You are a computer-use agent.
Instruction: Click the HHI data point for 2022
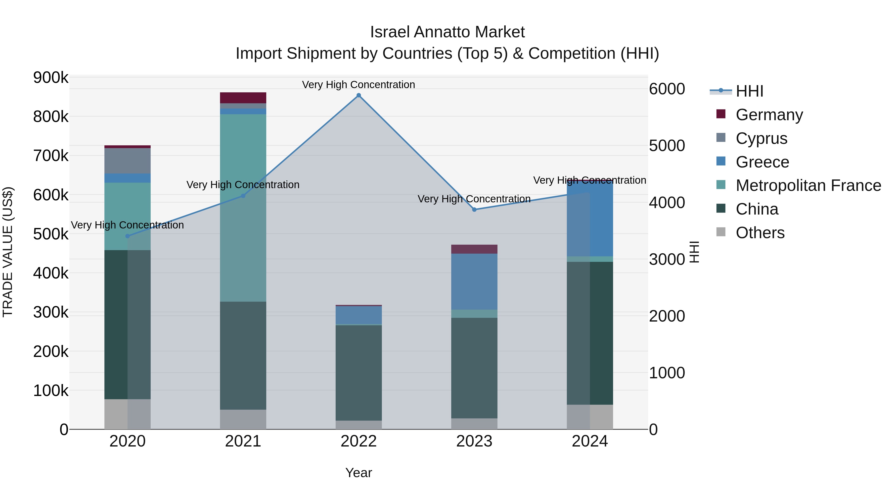tap(358, 95)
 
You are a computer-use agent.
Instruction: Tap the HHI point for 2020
tap(128, 236)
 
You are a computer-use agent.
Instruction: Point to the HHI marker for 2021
tap(243, 196)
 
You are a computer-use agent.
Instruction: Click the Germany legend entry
tap(769, 115)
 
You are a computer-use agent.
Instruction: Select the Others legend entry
tap(760, 233)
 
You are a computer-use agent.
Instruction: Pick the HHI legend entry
tap(749, 91)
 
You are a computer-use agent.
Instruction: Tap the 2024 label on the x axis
tap(590, 441)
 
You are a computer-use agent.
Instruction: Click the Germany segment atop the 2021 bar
tap(243, 98)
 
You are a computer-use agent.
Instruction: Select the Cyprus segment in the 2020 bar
tap(128, 161)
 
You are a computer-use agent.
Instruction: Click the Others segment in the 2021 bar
tap(243, 419)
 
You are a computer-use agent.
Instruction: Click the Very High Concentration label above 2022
tap(358, 85)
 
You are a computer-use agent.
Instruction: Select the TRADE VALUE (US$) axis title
tap(8, 252)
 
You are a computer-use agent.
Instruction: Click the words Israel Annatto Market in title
tap(447, 32)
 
